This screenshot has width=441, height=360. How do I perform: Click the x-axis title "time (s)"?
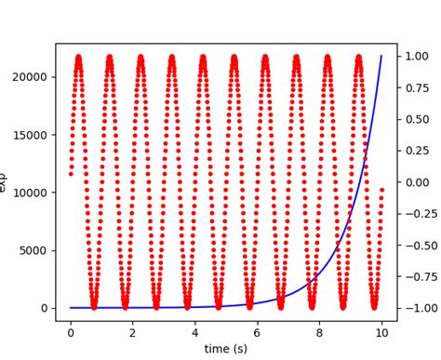click(x=226, y=349)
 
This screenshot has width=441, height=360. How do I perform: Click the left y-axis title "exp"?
click(x=5, y=182)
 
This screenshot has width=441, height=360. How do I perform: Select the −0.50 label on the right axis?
click(x=414, y=245)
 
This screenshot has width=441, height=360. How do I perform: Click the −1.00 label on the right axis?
click(x=414, y=308)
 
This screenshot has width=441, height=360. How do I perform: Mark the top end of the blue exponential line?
click(x=381, y=56)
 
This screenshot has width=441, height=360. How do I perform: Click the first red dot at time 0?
click(x=71, y=173)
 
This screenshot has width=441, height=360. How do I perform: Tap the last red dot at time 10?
click(x=381, y=190)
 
